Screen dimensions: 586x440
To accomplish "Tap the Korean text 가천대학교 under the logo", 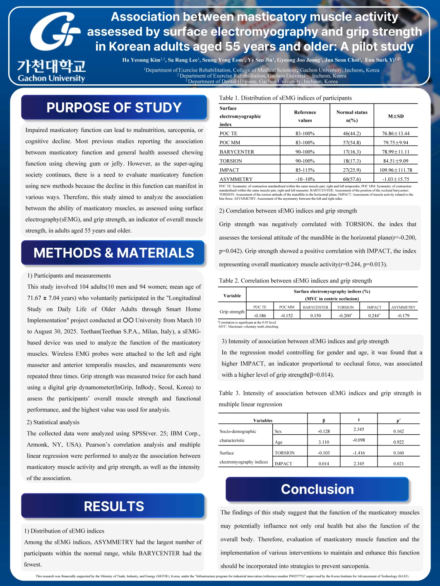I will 51,65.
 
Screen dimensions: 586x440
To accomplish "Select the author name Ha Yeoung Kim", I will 141,60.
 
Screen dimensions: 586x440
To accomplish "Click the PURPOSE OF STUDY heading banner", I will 114,108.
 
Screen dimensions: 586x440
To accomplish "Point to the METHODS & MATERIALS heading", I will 113,253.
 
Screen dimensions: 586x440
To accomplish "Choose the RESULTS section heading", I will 113,506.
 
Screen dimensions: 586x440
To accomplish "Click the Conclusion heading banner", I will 317,489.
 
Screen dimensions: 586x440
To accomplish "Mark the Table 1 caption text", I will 285,98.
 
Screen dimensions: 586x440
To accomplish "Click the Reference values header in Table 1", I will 305,116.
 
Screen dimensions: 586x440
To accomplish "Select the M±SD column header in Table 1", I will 395,116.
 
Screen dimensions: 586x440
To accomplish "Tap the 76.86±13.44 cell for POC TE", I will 395,133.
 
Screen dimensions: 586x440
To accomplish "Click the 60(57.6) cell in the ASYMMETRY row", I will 352,179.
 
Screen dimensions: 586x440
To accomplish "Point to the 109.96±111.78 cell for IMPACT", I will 395,170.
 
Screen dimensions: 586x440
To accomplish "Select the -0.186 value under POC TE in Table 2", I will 260,316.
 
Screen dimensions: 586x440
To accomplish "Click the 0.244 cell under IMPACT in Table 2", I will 374,316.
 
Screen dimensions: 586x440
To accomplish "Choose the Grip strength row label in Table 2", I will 232,311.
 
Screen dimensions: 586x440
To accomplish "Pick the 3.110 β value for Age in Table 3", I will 324,442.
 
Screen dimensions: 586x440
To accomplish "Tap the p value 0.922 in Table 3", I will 398,442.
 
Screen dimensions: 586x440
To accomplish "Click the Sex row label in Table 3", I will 278,431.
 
